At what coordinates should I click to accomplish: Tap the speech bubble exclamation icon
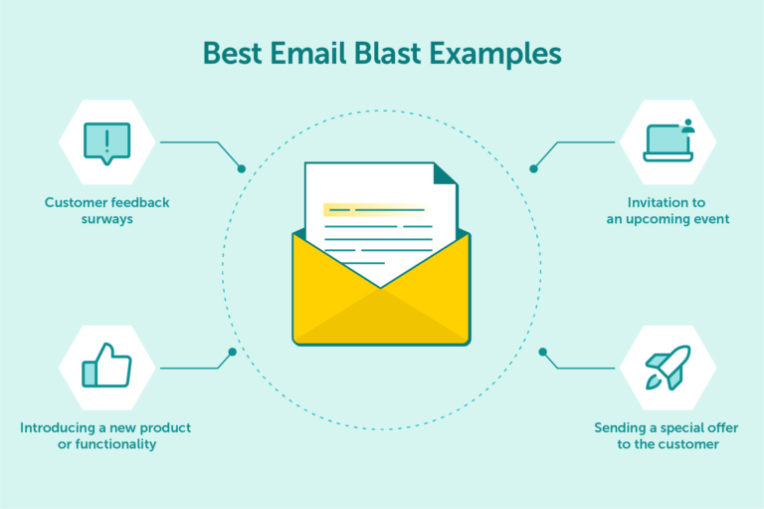coord(106,142)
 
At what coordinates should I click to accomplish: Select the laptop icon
coord(668,142)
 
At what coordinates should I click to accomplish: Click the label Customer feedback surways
coord(106,210)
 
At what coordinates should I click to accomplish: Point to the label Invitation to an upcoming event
coord(668,210)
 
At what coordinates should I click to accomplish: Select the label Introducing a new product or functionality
coord(105,435)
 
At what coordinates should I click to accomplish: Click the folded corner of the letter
coord(445,174)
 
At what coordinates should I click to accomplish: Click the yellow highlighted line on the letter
coord(374,210)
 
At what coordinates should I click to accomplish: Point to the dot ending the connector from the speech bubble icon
coord(241,168)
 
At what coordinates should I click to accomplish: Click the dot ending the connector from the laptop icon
coord(533,168)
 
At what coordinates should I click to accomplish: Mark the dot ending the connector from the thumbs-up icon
coord(232,352)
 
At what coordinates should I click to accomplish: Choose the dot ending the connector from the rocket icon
coord(542,352)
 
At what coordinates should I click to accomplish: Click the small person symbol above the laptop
coord(687,127)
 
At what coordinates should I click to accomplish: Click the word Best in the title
coord(232,53)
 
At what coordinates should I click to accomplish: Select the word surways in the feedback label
coord(106,219)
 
